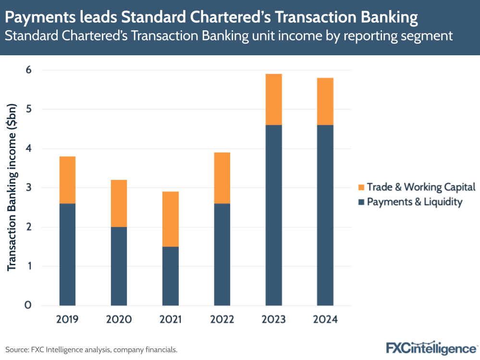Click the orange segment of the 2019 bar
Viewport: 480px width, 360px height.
click(x=67, y=180)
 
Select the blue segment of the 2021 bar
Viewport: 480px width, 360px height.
click(x=171, y=276)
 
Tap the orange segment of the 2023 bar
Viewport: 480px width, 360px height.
click(x=273, y=99)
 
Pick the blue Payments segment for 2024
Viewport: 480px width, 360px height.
click(x=325, y=215)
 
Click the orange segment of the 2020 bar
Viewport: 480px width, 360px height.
click(x=119, y=203)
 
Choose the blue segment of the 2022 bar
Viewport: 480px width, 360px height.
click(x=222, y=254)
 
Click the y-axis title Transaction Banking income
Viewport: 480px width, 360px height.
click(x=12, y=187)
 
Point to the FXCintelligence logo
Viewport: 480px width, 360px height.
click(x=431, y=348)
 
